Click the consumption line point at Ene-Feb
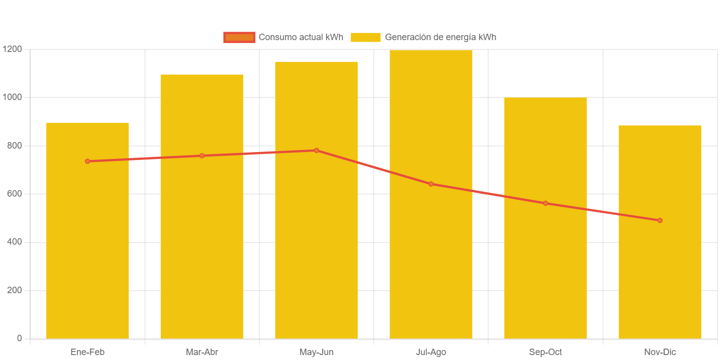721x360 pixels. pyautogui.click(x=88, y=161)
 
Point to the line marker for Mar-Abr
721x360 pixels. pyautogui.click(x=202, y=156)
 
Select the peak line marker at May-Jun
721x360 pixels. pyautogui.click(x=316, y=151)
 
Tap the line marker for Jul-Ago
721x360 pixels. pyautogui.click(x=431, y=184)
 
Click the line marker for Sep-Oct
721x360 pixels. pyautogui.click(x=545, y=204)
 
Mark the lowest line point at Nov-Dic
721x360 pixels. pyautogui.click(x=660, y=220)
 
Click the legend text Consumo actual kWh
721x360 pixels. pyautogui.click(x=301, y=38)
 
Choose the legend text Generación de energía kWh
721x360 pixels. pyautogui.click(x=440, y=38)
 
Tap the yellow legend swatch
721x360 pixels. pyautogui.click(x=365, y=38)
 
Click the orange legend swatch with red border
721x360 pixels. pyautogui.click(x=239, y=38)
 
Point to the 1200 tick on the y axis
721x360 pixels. pyautogui.click(x=12, y=49)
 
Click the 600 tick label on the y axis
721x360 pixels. pyautogui.click(x=14, y=194)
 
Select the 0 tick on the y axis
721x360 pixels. pyautogui.click(x=19, y=338)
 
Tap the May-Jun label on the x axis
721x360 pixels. pyautogui.click(x=316, y=352)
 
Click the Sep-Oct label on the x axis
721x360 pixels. pyautogui.click(x=545, y=352)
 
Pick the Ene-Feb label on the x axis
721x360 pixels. pyautogui.click(x=88, y=352)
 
